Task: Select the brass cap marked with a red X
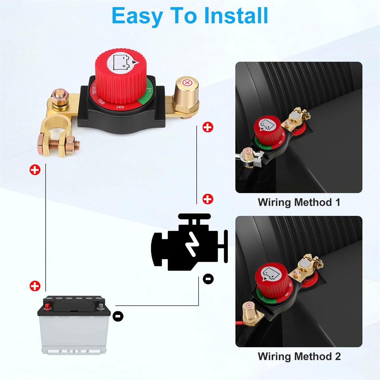(x=187, y=83)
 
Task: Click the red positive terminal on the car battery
(x=47, y=305)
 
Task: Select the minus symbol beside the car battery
(x=118, y=315)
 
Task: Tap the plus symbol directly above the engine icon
(x=208, y=199)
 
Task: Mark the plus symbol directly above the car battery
(x=35, y=286)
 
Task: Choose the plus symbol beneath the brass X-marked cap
(x=207, y=127)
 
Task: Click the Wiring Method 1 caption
(x=299, y=202)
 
